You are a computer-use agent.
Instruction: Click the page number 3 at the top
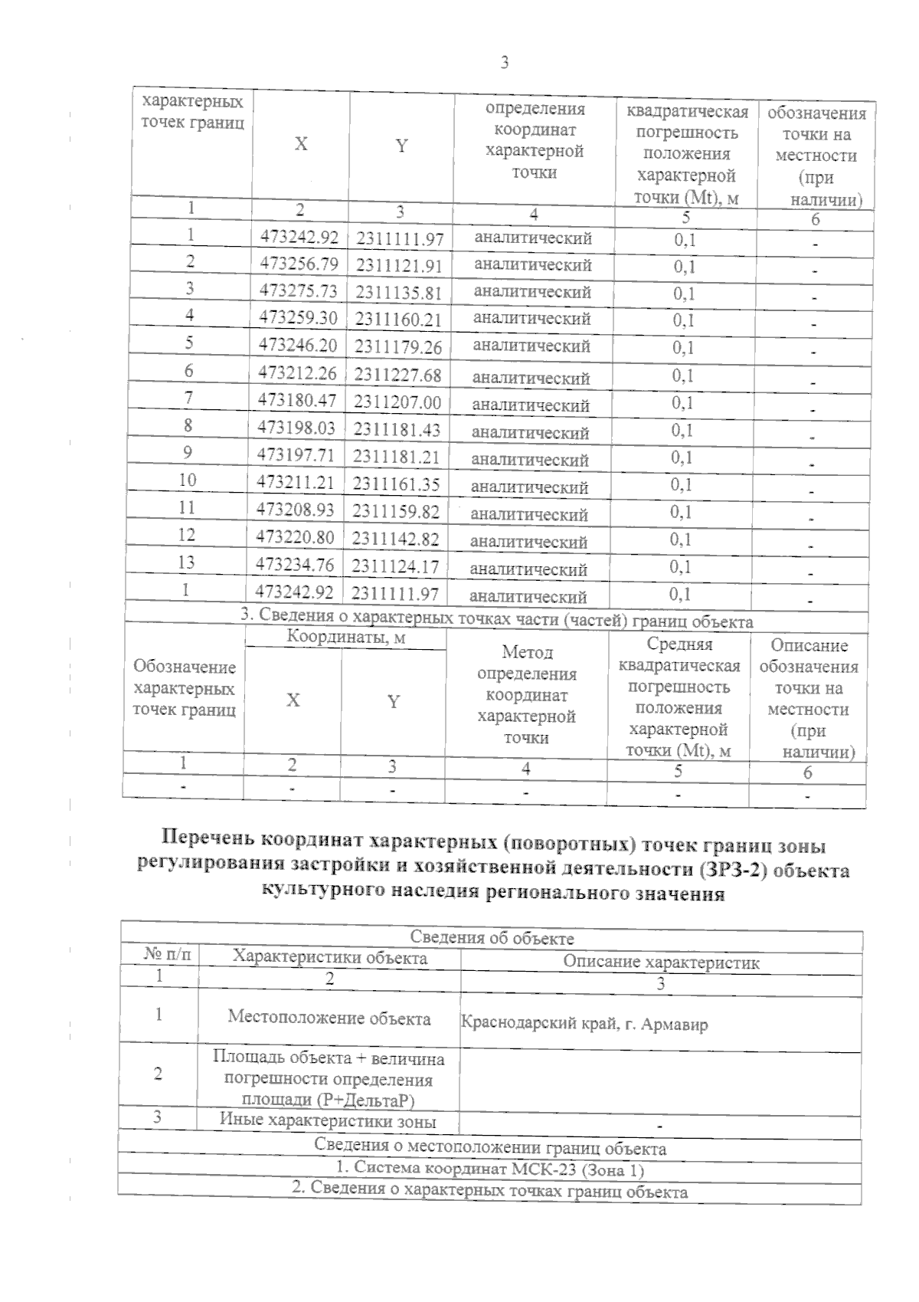tap(505, 64)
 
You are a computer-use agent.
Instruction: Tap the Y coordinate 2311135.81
tap(399, 293)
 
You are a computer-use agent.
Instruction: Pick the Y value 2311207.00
tap(397, 402)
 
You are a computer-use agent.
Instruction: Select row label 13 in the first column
tap(186, 562)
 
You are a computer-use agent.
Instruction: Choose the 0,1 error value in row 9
tap(682, 458)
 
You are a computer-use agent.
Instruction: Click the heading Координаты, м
tap(345, 637)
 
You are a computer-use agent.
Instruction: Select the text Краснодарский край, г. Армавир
tap(584, 1024)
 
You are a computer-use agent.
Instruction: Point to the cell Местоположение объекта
tap(329, 1018)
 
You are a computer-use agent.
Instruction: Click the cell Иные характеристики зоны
tap(328, 1120)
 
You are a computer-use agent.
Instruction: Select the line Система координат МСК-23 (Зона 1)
tap(490, 1170)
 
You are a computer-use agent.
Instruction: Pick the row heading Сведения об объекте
tap(492, 938)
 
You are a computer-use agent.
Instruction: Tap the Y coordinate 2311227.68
tap(398, 375)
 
